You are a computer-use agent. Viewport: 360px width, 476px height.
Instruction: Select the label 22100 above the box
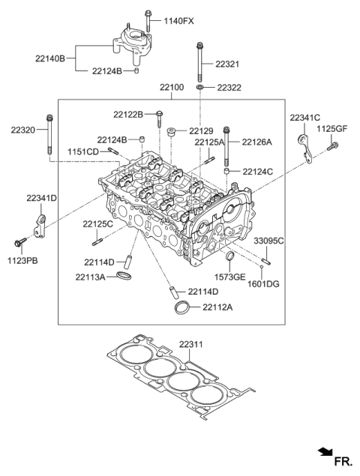coord(171,88)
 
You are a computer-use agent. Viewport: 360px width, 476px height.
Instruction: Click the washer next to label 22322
coord(200,88)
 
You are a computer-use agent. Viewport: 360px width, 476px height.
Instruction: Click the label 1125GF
coord(332,130)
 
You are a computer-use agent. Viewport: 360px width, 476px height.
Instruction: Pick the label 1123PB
coord(22,261)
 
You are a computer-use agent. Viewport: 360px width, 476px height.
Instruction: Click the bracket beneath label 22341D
coord(41,223)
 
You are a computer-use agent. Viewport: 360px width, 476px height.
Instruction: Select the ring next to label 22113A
coord(127,278)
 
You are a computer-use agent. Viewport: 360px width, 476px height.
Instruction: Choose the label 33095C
coord(268,241)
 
